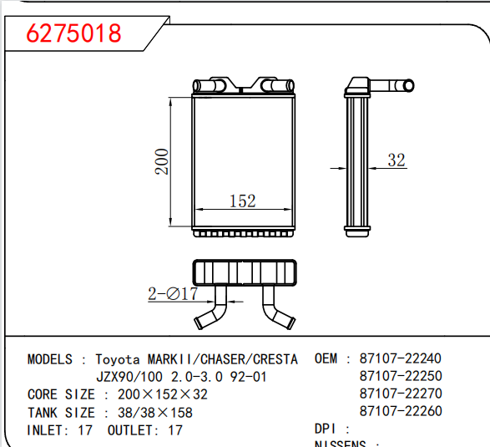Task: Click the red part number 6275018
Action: [x=74, y=33]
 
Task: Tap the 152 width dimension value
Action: [x=241, y=201]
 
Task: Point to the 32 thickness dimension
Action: [x=397, y=160]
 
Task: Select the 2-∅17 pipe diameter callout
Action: [x=173, y=293]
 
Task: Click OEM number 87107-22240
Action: [x=400, y=358]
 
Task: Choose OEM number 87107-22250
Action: [x=400, y=376]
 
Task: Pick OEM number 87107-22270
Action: [x=400, y=394]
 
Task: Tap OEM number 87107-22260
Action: [x=400, y=411]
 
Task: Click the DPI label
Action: [x=326, y=429]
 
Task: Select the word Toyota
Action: [x=119, y=359]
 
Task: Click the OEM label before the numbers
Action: [x=326, y=358]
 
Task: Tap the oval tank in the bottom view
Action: [x=244, y=272]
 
